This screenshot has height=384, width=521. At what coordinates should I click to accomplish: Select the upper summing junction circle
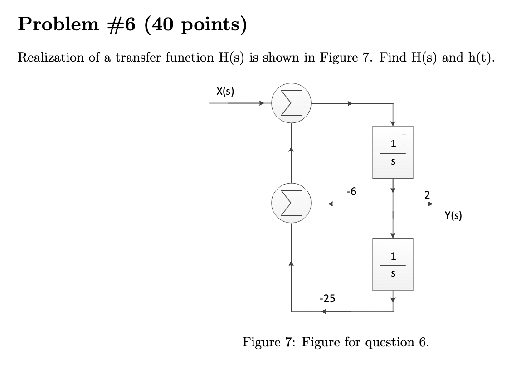point(291,103)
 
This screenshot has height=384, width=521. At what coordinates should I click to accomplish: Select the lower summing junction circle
point(291,204)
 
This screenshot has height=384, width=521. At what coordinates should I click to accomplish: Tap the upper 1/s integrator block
point(393,152)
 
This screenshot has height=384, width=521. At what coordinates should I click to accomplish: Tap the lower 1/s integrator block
point(393,264)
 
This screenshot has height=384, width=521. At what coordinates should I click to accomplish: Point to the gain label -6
point(351,191)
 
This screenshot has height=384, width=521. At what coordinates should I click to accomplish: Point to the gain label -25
point(327,298)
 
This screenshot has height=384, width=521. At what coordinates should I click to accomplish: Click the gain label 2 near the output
point(427,195)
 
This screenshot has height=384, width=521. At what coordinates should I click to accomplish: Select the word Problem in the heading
point(52,24)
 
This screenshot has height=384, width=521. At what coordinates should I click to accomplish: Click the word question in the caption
point(389,342)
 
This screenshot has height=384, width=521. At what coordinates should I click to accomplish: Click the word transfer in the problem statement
point(134,58)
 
